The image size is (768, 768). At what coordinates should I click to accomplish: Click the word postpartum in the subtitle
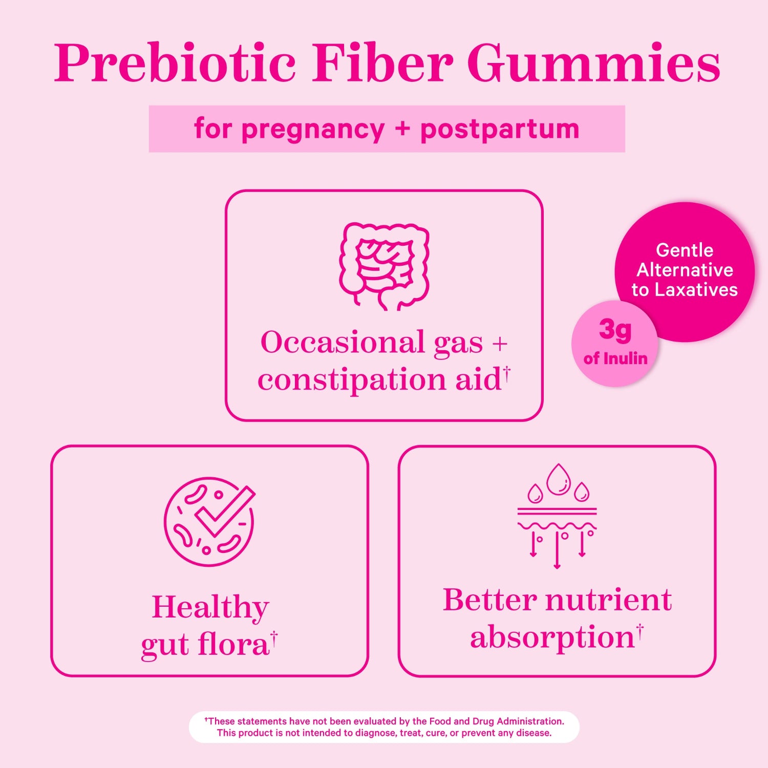point(500,129)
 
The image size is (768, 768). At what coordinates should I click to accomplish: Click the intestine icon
point(384,266)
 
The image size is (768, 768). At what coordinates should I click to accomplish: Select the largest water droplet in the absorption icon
point(558,480)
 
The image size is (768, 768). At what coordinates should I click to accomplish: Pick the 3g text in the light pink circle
point(615,330)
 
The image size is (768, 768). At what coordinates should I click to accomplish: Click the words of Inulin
point(615,358)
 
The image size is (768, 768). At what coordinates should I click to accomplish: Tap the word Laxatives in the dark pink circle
point(696,290)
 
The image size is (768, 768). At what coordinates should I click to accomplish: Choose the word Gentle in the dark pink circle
point(685,250)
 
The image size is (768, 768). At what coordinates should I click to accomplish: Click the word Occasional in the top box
point(343,342)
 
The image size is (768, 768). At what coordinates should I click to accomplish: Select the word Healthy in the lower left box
point(210,608)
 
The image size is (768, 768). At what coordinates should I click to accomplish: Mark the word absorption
point(552,637)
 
